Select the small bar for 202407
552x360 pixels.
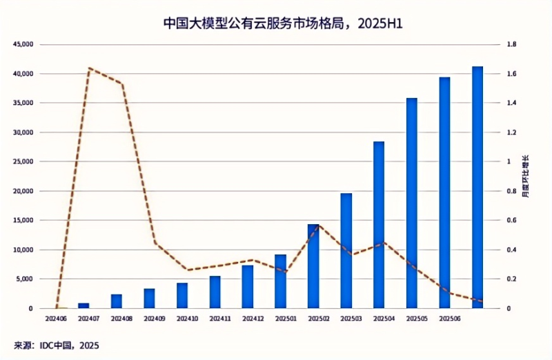coord(83,306)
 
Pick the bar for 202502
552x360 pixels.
coord(313,266)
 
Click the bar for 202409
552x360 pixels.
coord(149,299)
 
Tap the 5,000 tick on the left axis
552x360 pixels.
coord(25,279)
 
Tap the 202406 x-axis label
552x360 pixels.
coord(57,319)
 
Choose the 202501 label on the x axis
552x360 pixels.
coord(285,319)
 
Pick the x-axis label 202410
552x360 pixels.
coord(187,319)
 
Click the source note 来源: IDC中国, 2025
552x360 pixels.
coord(56,345)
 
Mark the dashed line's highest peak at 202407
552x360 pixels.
coord(90,68)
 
